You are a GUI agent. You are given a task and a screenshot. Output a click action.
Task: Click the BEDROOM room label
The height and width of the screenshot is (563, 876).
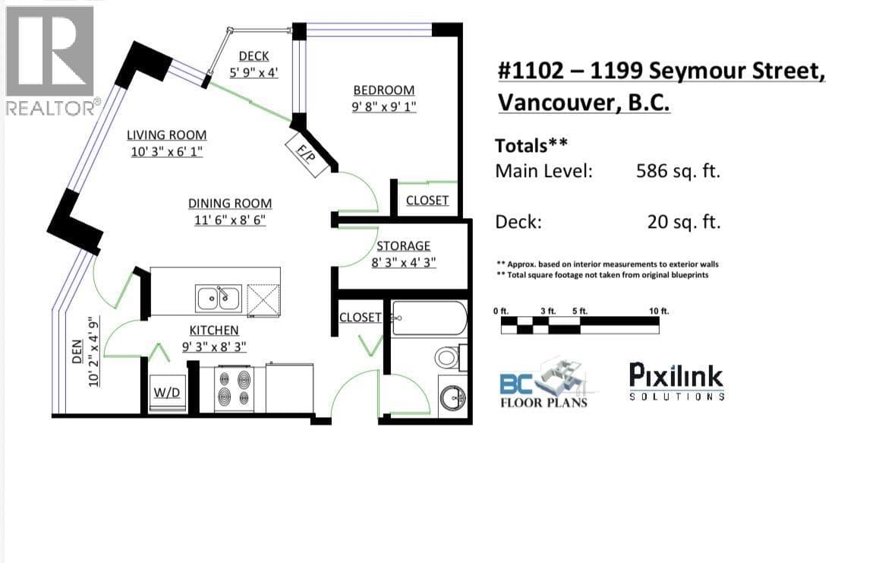click(x=384, y=90)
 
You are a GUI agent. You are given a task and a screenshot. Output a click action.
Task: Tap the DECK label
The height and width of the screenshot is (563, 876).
click(x=254, y=56)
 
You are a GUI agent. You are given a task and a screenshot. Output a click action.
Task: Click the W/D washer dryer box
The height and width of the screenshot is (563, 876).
click(x=167, y=393)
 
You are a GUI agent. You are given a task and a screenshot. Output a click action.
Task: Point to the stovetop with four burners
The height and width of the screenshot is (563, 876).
click(x=235, y=388)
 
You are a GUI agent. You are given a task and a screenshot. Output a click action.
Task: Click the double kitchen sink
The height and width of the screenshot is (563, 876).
click(x=219, y=298)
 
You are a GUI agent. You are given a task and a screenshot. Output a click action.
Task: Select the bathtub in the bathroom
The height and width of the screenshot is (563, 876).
click(x=429, y=318)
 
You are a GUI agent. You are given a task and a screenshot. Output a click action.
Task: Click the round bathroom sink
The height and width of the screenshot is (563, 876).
click(x=452, y=398)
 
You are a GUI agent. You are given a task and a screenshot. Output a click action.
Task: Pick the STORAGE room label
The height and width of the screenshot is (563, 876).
click(x=403, y=246)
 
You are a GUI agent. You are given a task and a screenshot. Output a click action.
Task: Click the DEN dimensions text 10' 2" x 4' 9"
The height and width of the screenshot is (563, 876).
click(x=94, y=352)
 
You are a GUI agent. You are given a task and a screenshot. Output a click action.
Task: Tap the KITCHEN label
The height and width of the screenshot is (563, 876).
click(x=214, y=331)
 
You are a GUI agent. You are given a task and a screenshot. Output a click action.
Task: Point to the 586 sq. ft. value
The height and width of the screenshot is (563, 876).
click(x=678, y=170)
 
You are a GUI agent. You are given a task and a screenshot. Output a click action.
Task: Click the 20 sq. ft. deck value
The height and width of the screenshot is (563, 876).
click(x=684, y=222)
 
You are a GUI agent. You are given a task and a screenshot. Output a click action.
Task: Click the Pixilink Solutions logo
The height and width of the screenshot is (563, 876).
click(x=676, y=381)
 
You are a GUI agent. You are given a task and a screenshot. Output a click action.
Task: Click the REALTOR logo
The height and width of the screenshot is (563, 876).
click(x=52, y=60)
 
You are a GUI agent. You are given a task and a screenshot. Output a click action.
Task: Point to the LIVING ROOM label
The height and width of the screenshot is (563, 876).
click(x=166, y=134)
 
